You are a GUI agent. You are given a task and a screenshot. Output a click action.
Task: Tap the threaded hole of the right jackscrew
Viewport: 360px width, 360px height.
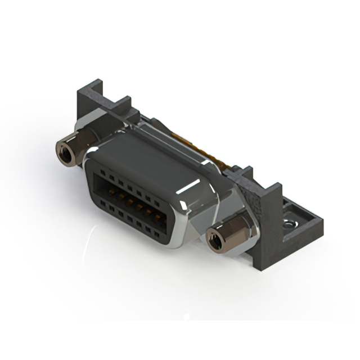click(215, 240)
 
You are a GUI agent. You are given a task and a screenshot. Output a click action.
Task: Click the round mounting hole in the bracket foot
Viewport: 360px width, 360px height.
click(291, 224)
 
